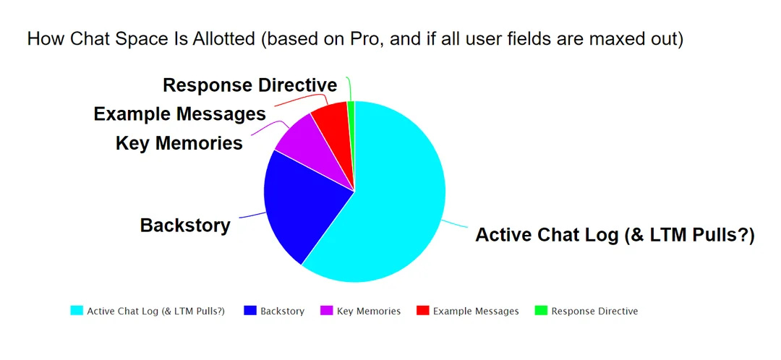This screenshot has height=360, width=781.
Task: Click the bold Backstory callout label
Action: coord(185,225)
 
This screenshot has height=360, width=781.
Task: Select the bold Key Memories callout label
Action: coord(179,143)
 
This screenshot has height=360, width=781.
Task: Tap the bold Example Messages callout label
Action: coord(180,114)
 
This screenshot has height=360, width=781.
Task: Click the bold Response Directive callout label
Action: coord(250,85)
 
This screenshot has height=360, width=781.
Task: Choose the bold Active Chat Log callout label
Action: coord(615,234)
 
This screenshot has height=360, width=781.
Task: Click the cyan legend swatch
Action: coord(77,311)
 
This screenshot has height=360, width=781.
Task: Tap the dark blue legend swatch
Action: coord(250,311)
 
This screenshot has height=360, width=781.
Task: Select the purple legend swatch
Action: coord(325,311)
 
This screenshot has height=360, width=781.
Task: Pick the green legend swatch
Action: coord(541,311)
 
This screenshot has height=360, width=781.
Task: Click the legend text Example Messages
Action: coord(476,311)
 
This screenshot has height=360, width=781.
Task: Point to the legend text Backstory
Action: coord(283,311)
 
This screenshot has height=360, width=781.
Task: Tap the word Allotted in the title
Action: coord(223,38)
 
